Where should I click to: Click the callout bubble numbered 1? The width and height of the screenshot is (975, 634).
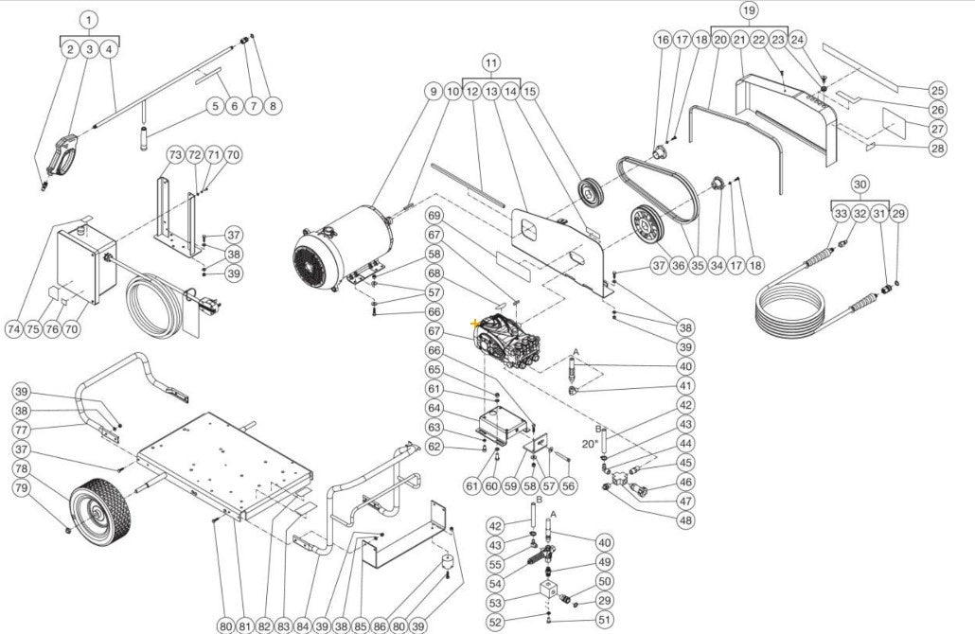88,20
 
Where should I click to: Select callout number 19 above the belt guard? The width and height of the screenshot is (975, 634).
749,10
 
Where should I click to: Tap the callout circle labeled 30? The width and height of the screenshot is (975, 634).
859,184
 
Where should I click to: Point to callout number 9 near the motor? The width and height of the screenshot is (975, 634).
434,92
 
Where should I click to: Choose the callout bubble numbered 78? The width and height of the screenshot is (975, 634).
22,468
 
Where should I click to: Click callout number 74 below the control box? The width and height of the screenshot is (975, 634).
13,329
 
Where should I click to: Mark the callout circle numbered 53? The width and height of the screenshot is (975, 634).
495,603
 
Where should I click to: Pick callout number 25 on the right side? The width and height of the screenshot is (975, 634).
937,91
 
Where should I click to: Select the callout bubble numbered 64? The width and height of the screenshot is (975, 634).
434,408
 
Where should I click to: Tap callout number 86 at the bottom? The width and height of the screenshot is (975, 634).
380,625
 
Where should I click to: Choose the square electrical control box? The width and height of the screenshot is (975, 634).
86,264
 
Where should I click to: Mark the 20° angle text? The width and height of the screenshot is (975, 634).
589,443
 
